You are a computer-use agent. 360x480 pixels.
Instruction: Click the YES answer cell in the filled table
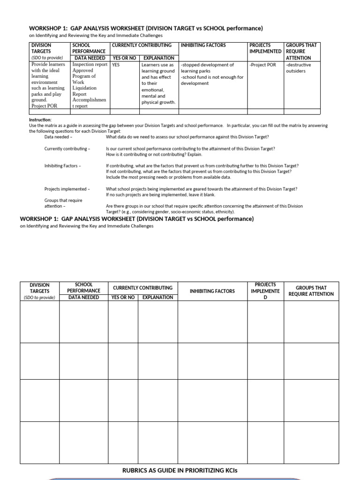tap(116, 65)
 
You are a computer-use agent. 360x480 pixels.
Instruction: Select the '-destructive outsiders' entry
tap(298, 68)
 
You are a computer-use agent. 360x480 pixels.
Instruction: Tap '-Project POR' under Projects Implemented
tap(262, 65)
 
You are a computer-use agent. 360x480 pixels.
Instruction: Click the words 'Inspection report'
tap(90, 65)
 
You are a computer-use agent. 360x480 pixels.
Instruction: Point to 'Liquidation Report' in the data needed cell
tap(84, 91)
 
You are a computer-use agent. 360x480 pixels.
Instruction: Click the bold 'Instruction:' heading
tap(40, 120)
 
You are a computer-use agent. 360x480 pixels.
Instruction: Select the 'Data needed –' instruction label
tap(58, 137)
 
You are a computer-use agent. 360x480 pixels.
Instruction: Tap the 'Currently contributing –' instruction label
tap(67, 149)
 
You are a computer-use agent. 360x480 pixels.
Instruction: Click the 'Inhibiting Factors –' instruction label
tap(62, 166)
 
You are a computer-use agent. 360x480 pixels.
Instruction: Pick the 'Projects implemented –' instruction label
tap(67, 189)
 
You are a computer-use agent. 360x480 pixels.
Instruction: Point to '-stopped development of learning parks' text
tap(207, 68)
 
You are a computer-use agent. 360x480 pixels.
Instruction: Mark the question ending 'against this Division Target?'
tap(187, 137)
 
